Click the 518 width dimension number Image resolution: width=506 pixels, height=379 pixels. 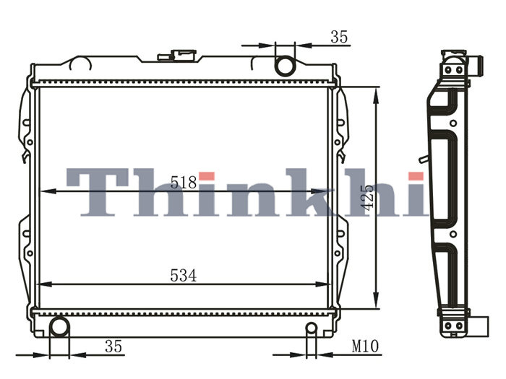point(184,183)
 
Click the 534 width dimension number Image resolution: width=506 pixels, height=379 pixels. point(184,276)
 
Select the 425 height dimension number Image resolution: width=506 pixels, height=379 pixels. point(367,197)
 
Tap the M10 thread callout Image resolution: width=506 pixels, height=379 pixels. point(365,347)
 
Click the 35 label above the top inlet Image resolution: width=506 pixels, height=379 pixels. point(339,37)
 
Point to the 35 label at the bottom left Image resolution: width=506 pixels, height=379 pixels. point(113,347)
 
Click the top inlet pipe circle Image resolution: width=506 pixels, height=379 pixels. point(285,66)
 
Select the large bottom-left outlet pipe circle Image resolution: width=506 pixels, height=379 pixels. point(59,327)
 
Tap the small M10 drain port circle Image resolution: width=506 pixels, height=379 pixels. point(312,328)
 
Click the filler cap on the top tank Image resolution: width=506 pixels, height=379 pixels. point(177,55)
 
